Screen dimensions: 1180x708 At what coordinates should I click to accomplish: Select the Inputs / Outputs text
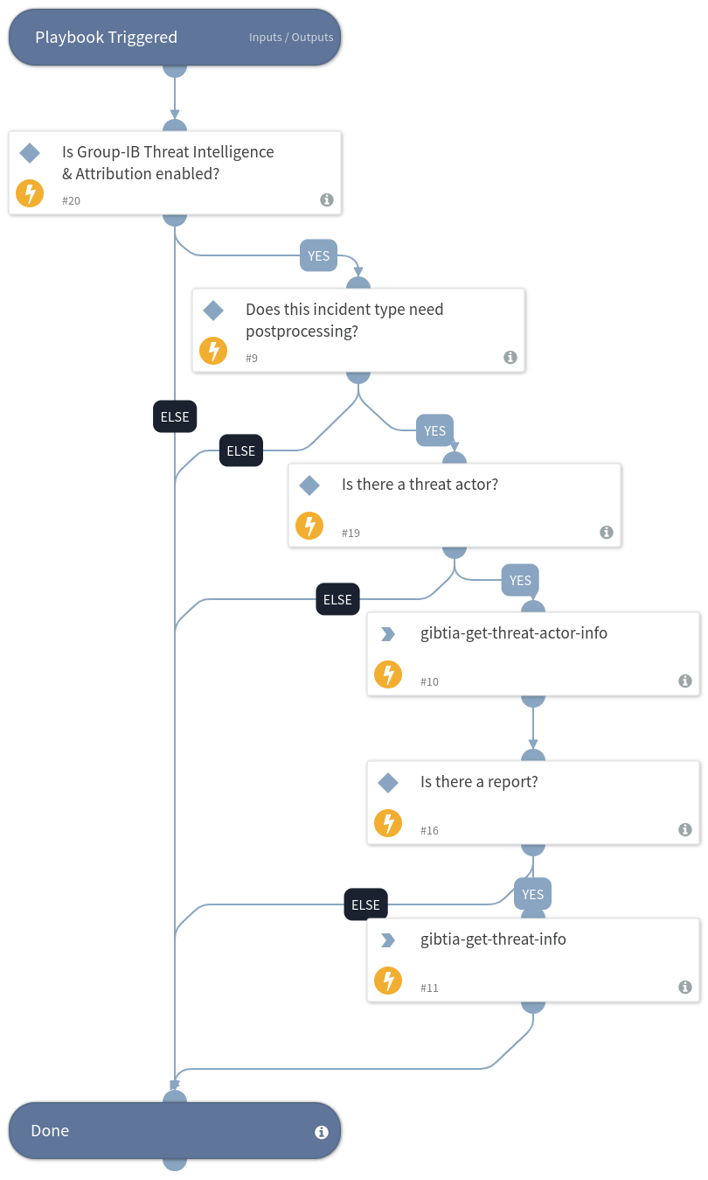291,38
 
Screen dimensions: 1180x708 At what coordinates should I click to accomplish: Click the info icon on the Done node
322,1132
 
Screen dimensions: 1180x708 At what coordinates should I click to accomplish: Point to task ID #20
71,201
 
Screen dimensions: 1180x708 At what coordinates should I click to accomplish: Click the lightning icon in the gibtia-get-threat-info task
388,981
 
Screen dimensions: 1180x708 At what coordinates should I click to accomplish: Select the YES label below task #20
319,255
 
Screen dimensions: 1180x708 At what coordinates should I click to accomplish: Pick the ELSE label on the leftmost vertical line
175,416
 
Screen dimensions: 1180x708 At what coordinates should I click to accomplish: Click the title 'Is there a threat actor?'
420,485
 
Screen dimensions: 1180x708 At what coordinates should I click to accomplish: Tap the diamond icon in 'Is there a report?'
388,782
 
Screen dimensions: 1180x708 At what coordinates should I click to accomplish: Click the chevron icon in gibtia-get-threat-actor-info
388,634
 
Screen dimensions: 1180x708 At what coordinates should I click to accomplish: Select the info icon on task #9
510,357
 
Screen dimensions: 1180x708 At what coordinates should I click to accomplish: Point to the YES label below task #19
520,580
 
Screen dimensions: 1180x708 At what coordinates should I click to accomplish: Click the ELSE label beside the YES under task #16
365,904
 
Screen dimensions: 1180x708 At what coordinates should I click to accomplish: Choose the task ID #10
429,681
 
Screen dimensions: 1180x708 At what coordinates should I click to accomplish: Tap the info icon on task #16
685,829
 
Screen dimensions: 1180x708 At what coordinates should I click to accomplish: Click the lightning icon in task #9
213,351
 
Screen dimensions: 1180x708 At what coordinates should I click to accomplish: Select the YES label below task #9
434,430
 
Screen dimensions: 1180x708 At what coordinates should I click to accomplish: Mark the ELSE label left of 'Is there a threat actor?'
240,450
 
